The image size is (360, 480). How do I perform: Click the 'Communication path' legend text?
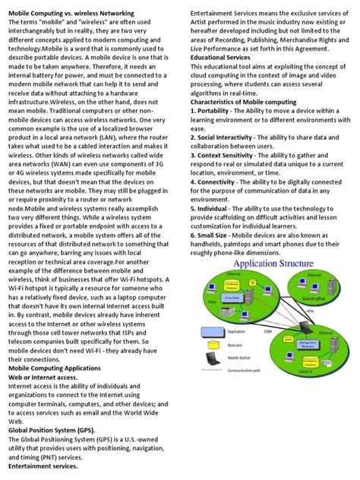[x=247, y=391]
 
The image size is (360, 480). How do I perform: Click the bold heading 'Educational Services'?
[x=219, y=57]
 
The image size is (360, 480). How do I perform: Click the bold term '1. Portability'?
[x=213, y=111]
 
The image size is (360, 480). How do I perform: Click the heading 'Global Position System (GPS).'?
[x=55, y=429]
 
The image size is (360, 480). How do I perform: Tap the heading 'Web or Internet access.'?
[x=45, y=377]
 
